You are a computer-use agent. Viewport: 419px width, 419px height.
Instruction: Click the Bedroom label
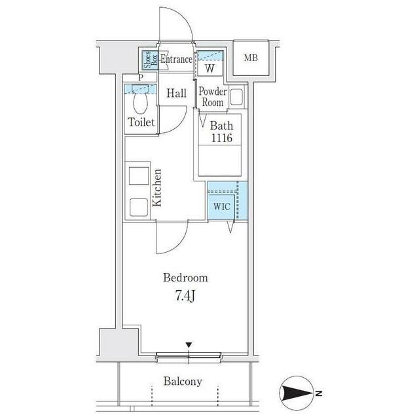coord(185,278)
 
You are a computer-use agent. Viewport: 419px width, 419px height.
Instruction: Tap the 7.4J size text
coord(185,296)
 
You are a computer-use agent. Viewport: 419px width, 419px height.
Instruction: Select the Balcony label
coord(183,381)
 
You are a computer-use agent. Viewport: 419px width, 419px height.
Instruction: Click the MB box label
coord(251,58)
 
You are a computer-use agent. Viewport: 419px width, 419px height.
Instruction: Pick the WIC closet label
coord(222,206)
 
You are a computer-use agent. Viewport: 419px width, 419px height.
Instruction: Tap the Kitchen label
coord(157,188)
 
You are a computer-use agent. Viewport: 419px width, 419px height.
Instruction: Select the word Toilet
coord(141,122)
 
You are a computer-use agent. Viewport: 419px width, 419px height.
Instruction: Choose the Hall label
coord(176,93)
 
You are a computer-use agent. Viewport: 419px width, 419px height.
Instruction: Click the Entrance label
coord(176,59)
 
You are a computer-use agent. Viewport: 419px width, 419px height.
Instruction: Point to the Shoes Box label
coord(150,60)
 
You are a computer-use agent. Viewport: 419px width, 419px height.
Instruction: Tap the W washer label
coord(209,69)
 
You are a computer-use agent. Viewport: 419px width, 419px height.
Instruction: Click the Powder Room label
coord(213,97)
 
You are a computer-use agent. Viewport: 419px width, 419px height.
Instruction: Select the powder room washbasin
coord(236,97)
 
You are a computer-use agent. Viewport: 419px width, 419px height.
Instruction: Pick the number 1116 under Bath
coord(222,138)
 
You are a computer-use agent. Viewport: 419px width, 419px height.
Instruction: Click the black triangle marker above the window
coord(189,345)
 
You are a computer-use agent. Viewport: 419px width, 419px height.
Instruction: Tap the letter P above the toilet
coord(141,78)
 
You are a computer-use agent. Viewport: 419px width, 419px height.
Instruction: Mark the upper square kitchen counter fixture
coord(139,176)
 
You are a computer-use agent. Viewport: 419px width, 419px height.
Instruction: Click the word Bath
coord(221,126)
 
